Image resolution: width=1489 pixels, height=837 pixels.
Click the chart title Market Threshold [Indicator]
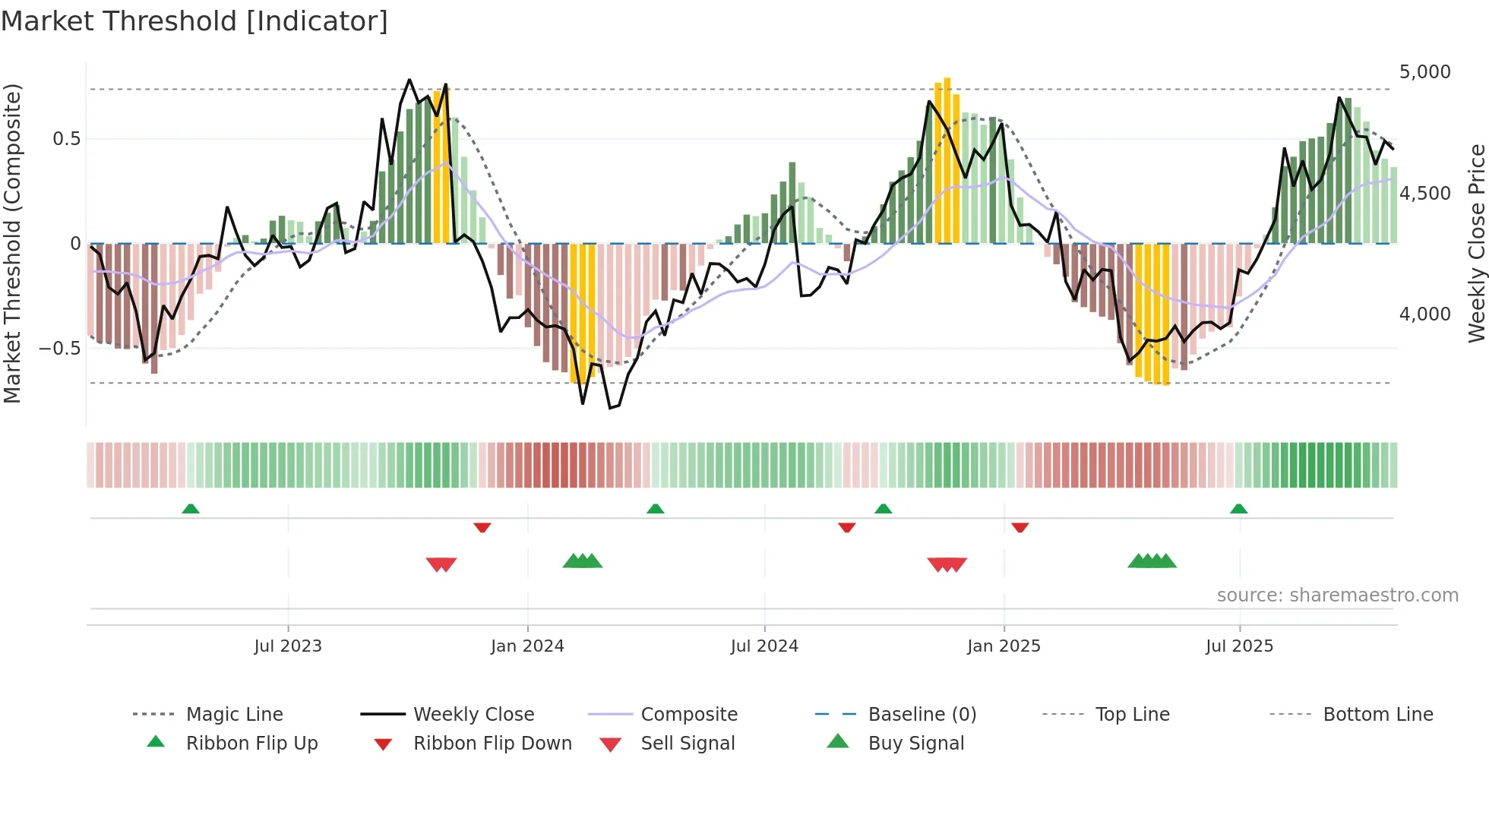tap(194, 21)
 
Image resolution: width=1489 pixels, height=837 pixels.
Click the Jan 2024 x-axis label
tap(527, 646)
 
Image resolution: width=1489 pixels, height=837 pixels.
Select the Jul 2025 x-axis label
tap(1239, 646)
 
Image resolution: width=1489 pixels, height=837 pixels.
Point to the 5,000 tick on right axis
tap(1424, 72)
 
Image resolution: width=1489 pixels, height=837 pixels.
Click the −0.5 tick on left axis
tap(59, 349)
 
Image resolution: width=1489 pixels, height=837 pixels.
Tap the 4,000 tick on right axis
tap(1424, 314)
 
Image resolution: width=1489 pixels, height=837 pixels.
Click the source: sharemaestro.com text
tap(1337, 595)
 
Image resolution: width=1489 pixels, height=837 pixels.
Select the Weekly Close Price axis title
tap(1476, 243)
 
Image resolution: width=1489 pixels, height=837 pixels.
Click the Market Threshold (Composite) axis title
tap(12, 243)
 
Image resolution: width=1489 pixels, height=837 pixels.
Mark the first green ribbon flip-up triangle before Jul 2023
tap(191, 509)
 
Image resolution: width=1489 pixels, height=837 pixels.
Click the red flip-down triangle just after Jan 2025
tap(1020, 527)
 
